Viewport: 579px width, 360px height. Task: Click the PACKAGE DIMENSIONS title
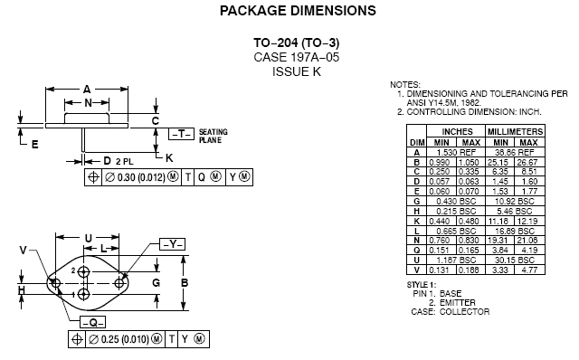[x=298, y=10]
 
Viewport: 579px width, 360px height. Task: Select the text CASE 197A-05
[x=296, y=57]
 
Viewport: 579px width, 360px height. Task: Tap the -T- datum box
[x=181, y=134]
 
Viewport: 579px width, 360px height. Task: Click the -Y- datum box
[x=173, y=244]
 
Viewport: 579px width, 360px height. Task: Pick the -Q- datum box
[x=92, y=322]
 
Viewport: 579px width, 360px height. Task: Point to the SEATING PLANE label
[x=214, y=136]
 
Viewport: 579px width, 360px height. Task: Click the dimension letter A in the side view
[x=87, y=90]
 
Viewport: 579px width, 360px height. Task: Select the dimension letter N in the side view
[x=88, y=102]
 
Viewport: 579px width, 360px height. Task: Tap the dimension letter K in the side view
[x=169, y=158]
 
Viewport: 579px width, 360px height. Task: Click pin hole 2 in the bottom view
[x=84, y=271]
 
